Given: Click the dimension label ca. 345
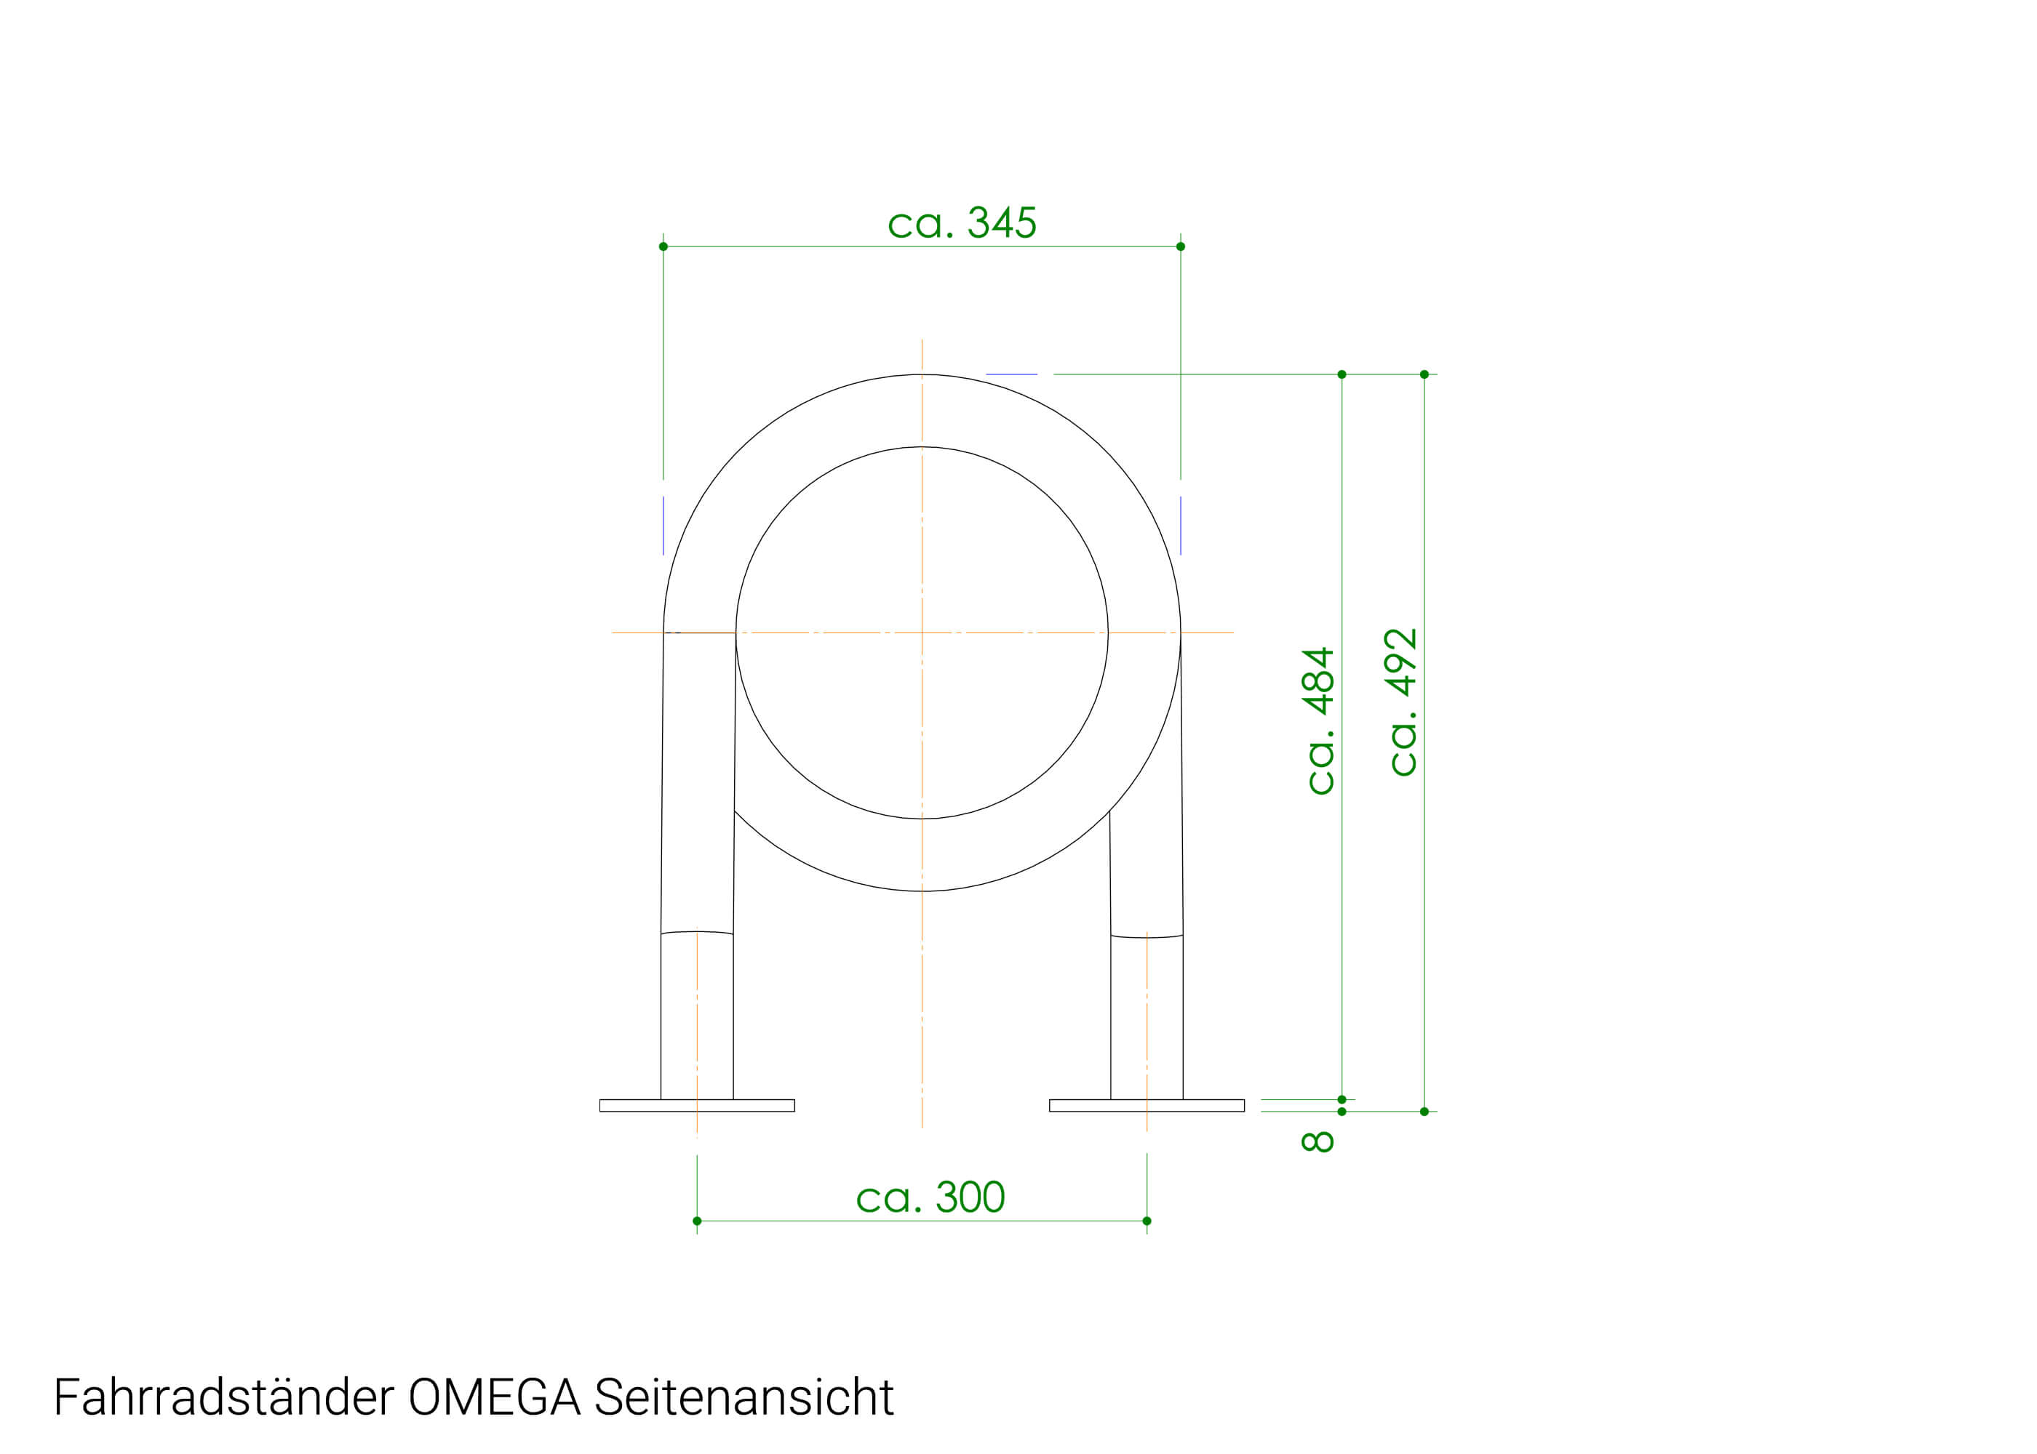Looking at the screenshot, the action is coord(961,223).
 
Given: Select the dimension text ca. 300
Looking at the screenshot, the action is coord(930,1198).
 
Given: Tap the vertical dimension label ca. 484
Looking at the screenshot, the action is coord(1318,720).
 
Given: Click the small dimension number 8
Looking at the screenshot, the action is coord(1317,1141).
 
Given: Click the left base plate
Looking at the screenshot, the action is coord(697,1106).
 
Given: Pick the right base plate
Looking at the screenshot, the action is coord(1147,1106).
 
